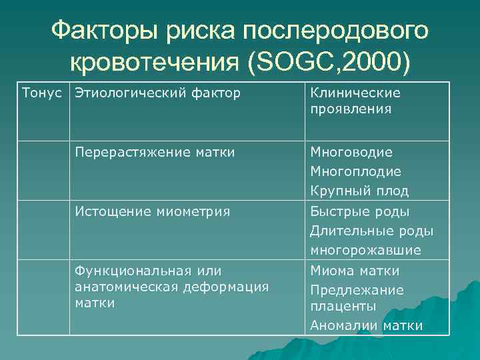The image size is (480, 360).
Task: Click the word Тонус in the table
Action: (43, 93)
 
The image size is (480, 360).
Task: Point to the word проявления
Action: (350, 108)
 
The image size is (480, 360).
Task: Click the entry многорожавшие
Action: (365, 251)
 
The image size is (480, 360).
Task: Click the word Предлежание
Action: (357, 291)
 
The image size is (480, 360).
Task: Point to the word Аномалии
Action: (341, 325)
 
